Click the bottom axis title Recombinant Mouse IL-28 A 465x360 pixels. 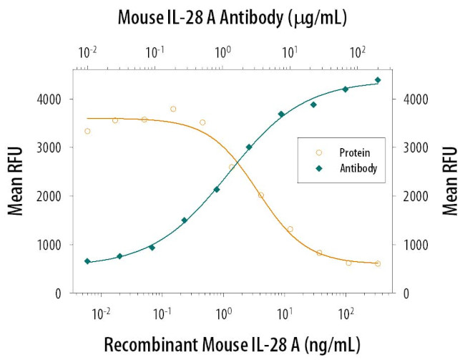click(x=232, y=343)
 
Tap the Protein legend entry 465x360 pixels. click(x=351, y=153)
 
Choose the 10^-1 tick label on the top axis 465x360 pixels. click(x=155, y=52)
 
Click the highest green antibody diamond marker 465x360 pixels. click(x=378, y=80)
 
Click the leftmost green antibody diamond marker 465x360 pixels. click(x=87, y=261)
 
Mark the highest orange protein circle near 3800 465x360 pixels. click(x=173, y=109)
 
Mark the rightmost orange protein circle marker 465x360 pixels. click(x=377, y=263)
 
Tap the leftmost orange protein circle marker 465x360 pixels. click(x=87, y=131)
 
